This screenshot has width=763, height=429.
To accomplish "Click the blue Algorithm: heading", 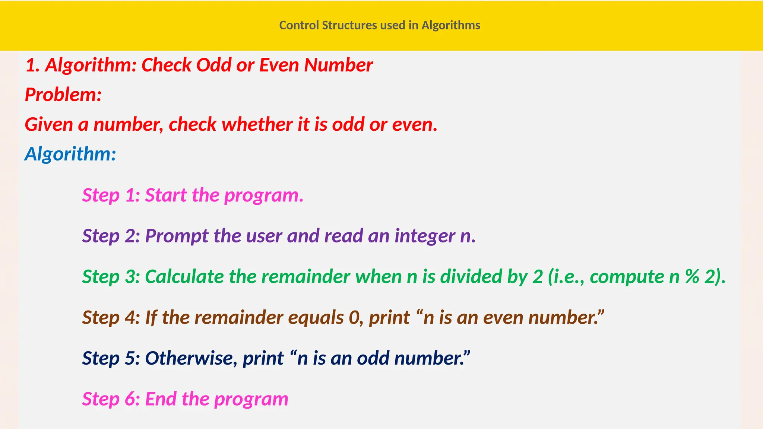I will (x=70, y=154).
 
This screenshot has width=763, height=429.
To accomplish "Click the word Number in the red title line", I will (x=338, y=65).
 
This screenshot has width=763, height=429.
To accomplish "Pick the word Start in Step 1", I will (x=166, y=195).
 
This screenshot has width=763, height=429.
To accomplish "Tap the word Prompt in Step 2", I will (x=177, y=236).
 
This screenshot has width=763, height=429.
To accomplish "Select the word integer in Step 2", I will (x=425, y=236).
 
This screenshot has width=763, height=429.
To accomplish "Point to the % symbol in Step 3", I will (x=692, y=277).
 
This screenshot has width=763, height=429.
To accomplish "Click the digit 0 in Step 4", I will (x=354, y=318).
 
